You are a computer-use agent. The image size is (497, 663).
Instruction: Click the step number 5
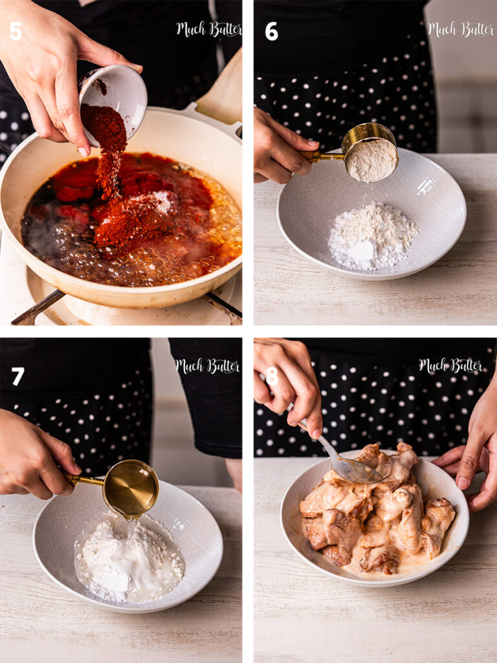coord(16,31)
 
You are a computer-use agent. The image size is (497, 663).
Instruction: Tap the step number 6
coord(271,31)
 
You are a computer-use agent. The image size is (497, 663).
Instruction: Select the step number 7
coord(17,376)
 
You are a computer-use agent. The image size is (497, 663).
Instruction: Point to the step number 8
coord(272,376)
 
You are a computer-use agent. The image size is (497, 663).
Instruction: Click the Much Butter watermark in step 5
coord(209,29)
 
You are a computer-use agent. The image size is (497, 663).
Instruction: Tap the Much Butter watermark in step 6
coord(460,29)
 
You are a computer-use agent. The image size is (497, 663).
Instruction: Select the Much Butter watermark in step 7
coord(208,366)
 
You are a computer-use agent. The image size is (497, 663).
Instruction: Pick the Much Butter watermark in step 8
coord(450,365)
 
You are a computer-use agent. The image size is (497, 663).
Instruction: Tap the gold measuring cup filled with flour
coord(370,153)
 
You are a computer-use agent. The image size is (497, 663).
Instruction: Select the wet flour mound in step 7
coord(129,557)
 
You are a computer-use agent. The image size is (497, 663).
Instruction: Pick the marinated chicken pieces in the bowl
coord(377,508)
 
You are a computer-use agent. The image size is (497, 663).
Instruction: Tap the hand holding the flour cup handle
coord(281,146)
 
